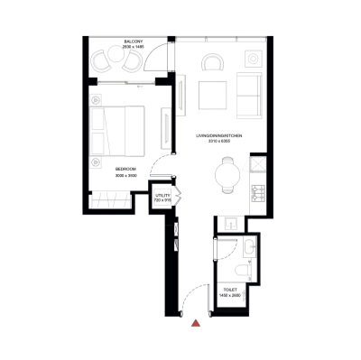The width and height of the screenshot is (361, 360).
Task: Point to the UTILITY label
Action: point(162,194)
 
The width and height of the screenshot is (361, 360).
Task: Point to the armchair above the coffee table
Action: point(213,63)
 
